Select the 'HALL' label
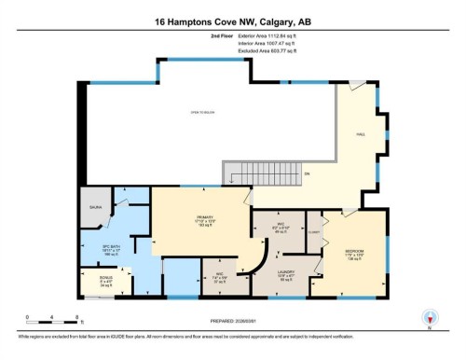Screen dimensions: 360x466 pos(361,136)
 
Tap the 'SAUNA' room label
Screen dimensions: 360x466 pos(95,209)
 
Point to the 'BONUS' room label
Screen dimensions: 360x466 pos(95,279)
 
